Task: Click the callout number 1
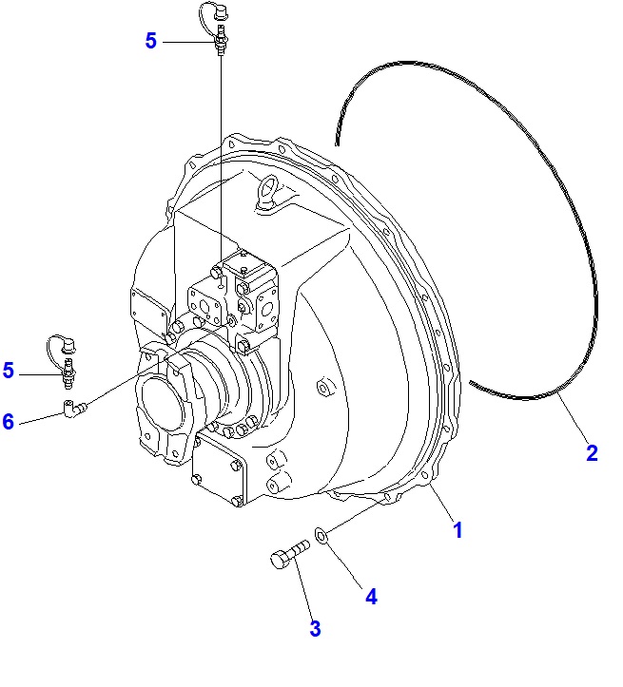pos(458,530)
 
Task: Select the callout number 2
pos(592,453)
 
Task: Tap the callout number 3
pos(315,628)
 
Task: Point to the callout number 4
pos(372,597)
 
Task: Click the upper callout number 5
pos(151,41)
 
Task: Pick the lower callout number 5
pos(9,371)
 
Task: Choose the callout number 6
pos(9,421)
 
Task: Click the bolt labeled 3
pos(289,556)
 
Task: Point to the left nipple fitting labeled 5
pos(68,377)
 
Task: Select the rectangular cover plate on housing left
pos(148,309)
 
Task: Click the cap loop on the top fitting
pos(210,14)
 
